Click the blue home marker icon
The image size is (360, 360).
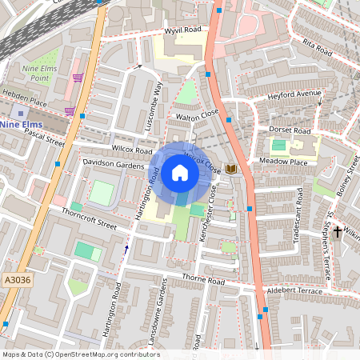point(180,173)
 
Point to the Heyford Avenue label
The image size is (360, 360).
point(294,95)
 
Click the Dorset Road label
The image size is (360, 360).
point(289,130)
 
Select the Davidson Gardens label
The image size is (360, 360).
point(113,162)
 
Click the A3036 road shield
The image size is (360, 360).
point(16,280)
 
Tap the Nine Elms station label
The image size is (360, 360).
point(22,125)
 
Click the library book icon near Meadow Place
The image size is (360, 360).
point(231,169)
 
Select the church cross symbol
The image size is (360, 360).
point(337,232)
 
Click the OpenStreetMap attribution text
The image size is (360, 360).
point(80,354)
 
